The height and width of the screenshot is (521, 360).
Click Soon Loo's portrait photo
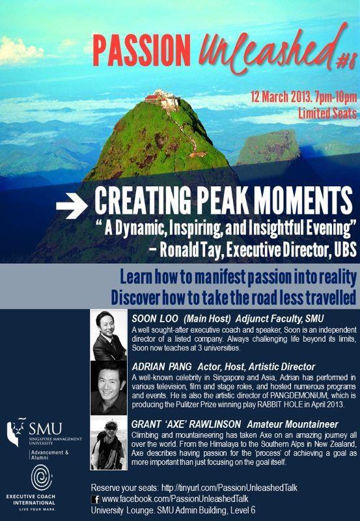pos(109,336)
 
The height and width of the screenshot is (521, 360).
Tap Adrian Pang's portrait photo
pos(108,387)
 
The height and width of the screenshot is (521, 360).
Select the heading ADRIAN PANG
pos(162,367)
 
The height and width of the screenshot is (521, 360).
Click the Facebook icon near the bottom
pos(95,497)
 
